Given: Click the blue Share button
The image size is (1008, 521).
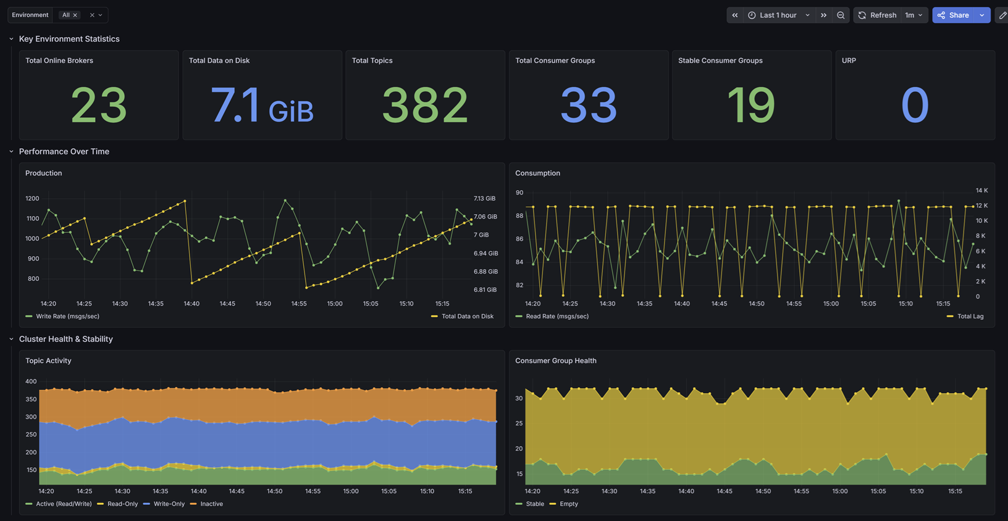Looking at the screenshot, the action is pos(953,15).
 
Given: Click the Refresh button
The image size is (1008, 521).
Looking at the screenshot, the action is pos(878,15).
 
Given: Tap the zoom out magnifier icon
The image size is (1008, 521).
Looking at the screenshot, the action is pos(841,15).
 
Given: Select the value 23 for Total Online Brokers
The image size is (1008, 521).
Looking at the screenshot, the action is pos(99,106).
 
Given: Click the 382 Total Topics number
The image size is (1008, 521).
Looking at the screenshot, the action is pos(425,106).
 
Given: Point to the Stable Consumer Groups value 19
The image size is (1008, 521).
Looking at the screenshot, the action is pos(751,106).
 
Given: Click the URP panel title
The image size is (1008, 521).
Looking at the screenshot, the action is pos(849,60).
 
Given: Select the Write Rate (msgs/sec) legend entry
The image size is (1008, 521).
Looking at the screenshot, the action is pos(62,316).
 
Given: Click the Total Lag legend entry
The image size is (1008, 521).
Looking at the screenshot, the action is pos(965,316).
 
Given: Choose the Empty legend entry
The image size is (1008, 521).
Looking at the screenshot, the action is pos(564,504).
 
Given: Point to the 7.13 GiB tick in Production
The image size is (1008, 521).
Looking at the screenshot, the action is pos(484,198).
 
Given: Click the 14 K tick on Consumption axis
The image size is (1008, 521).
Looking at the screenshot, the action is pos(981,190).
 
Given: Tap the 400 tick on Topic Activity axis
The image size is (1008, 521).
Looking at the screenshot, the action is pos(31,381).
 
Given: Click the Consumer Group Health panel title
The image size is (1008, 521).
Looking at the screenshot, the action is pos(556,361).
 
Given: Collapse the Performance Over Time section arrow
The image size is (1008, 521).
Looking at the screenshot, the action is pos(11,152).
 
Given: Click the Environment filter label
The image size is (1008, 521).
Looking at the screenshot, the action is pos(30,15).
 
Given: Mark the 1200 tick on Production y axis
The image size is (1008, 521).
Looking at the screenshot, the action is pos(32,198).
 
